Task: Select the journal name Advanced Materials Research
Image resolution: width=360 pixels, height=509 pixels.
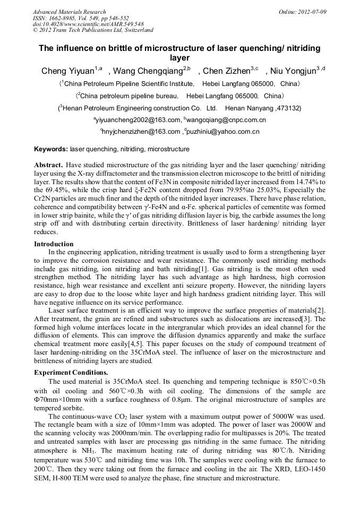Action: pos(69,12)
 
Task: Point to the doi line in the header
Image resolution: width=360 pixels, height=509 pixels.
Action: pos(88,24)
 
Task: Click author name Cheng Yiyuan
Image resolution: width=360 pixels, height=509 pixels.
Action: pos(67,71)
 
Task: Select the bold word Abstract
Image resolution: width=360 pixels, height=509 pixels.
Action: pos(49,165)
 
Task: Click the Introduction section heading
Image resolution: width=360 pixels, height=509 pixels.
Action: pos(54,244)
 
